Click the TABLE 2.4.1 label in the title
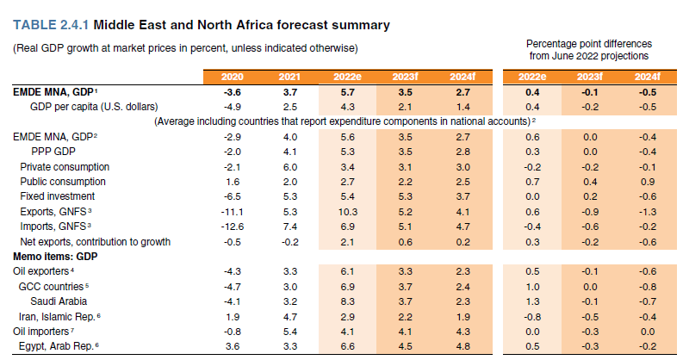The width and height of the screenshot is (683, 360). tap(51, 25)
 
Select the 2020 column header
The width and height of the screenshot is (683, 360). tap(232, 77)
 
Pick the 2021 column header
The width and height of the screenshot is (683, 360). tap(289, 77)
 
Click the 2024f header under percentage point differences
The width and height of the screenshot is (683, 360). tap(648, 77)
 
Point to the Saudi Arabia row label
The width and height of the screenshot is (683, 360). tap(59, 301)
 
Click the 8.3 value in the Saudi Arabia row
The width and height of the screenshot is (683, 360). tap(348, 301)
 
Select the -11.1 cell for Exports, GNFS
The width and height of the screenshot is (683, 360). tap(232, 212)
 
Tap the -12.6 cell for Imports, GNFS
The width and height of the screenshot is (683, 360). tap(232, 227)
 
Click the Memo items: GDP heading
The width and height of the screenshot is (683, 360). tap(55, 257)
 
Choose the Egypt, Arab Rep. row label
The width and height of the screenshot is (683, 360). tap(56, 346)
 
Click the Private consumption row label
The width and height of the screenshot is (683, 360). tap(65, 167)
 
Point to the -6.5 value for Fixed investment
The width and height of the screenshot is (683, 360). tap(233, 196)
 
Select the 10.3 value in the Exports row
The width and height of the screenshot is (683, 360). tap(348, 212)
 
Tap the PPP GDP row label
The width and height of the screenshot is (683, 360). tap(53, 152)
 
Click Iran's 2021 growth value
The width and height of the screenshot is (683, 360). tap(290, 317)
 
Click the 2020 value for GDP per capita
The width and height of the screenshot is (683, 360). tap(233, 107)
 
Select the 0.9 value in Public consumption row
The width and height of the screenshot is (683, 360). tap(648, 182)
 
